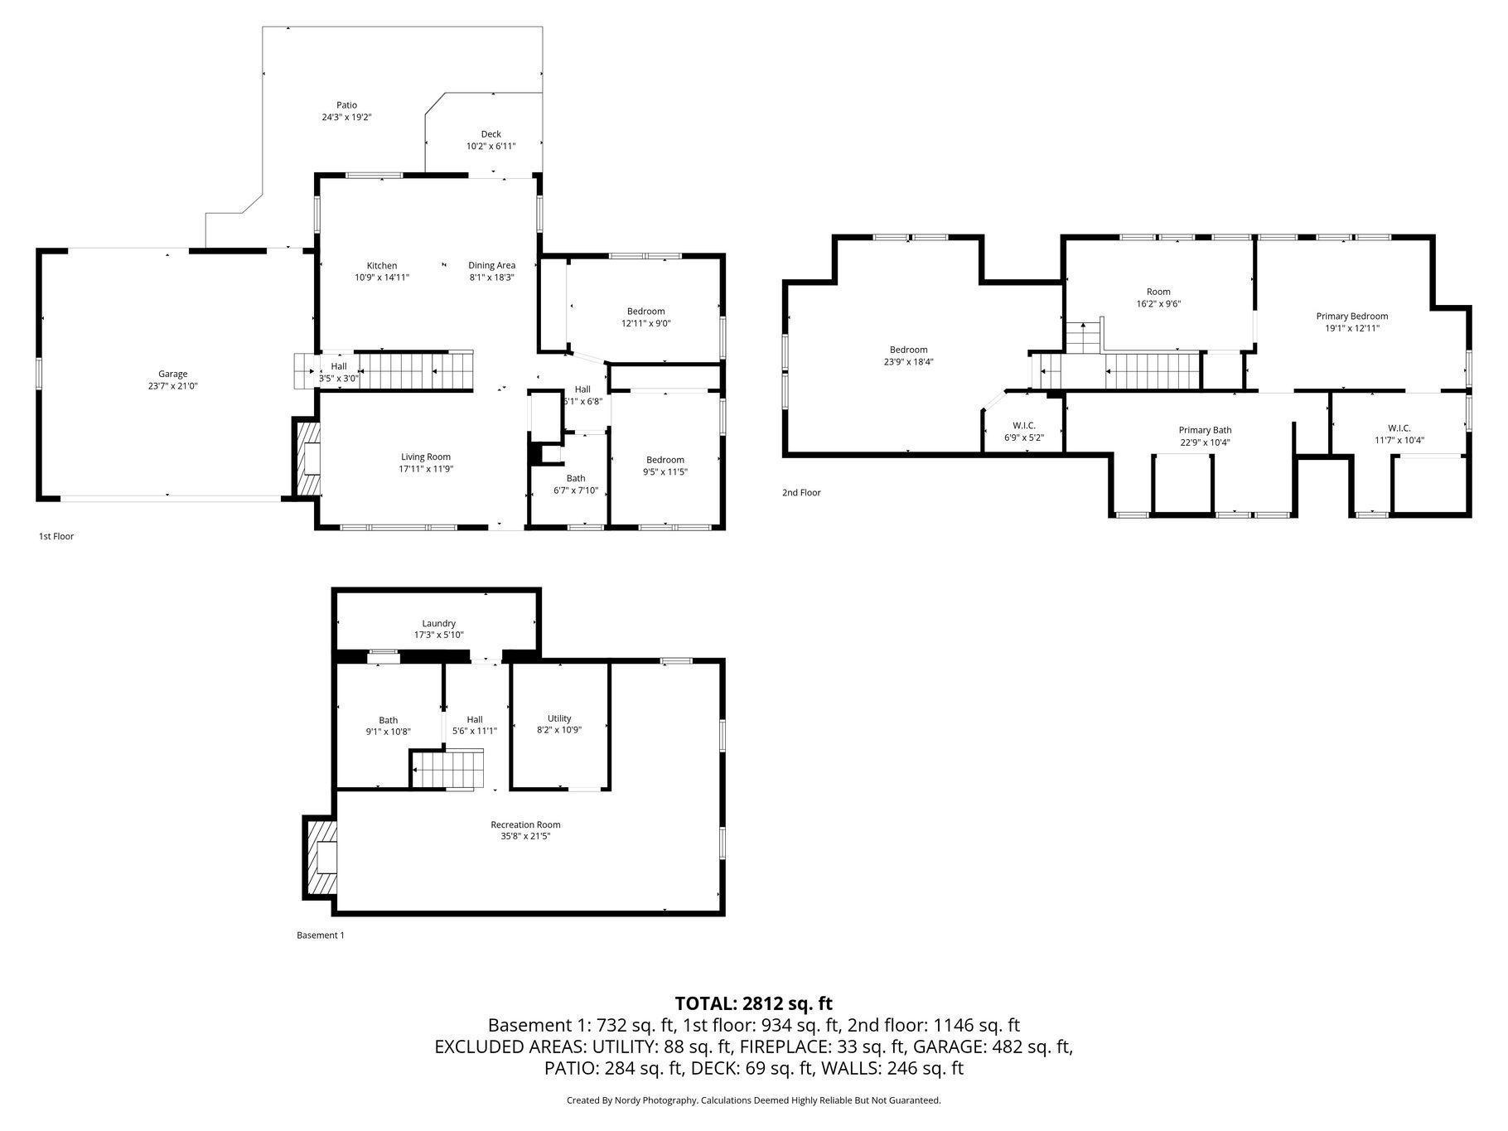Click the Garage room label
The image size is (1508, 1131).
click(173, 374)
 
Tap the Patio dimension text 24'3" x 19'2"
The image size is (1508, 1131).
click(346, 118)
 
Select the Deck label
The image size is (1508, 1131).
click(491, 134)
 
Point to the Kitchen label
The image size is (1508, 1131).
click(382, 266)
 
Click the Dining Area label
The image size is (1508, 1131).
click(492, 266)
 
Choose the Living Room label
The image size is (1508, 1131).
click(426, 457)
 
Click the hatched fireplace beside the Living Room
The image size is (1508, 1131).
click(307, 458)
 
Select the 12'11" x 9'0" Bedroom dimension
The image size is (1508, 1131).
click(646, 323)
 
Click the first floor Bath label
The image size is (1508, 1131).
click(576, 478)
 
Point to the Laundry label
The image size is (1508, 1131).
click(439, 623)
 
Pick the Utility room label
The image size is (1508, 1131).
click(559, 718)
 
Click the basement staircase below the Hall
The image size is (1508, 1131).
click(448, 770)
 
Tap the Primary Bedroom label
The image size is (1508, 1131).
click(1352, 316)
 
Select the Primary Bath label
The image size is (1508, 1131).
click(1205, 430)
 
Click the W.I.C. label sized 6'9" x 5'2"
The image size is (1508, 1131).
click(1024, 426)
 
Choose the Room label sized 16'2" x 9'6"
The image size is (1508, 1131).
click(1158, 292)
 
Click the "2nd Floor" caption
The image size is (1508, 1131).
click(801, 493)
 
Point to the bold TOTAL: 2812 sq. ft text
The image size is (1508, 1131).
click(754, 1003)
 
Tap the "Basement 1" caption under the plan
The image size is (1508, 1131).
click(321, 935)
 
